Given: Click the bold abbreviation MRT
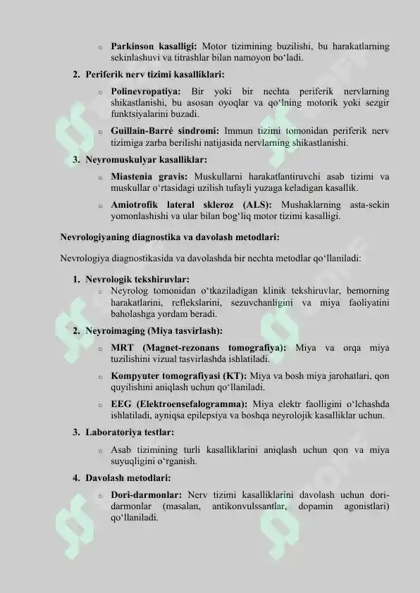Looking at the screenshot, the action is point(123,348).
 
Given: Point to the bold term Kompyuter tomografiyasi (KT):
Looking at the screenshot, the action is point(179,375).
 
